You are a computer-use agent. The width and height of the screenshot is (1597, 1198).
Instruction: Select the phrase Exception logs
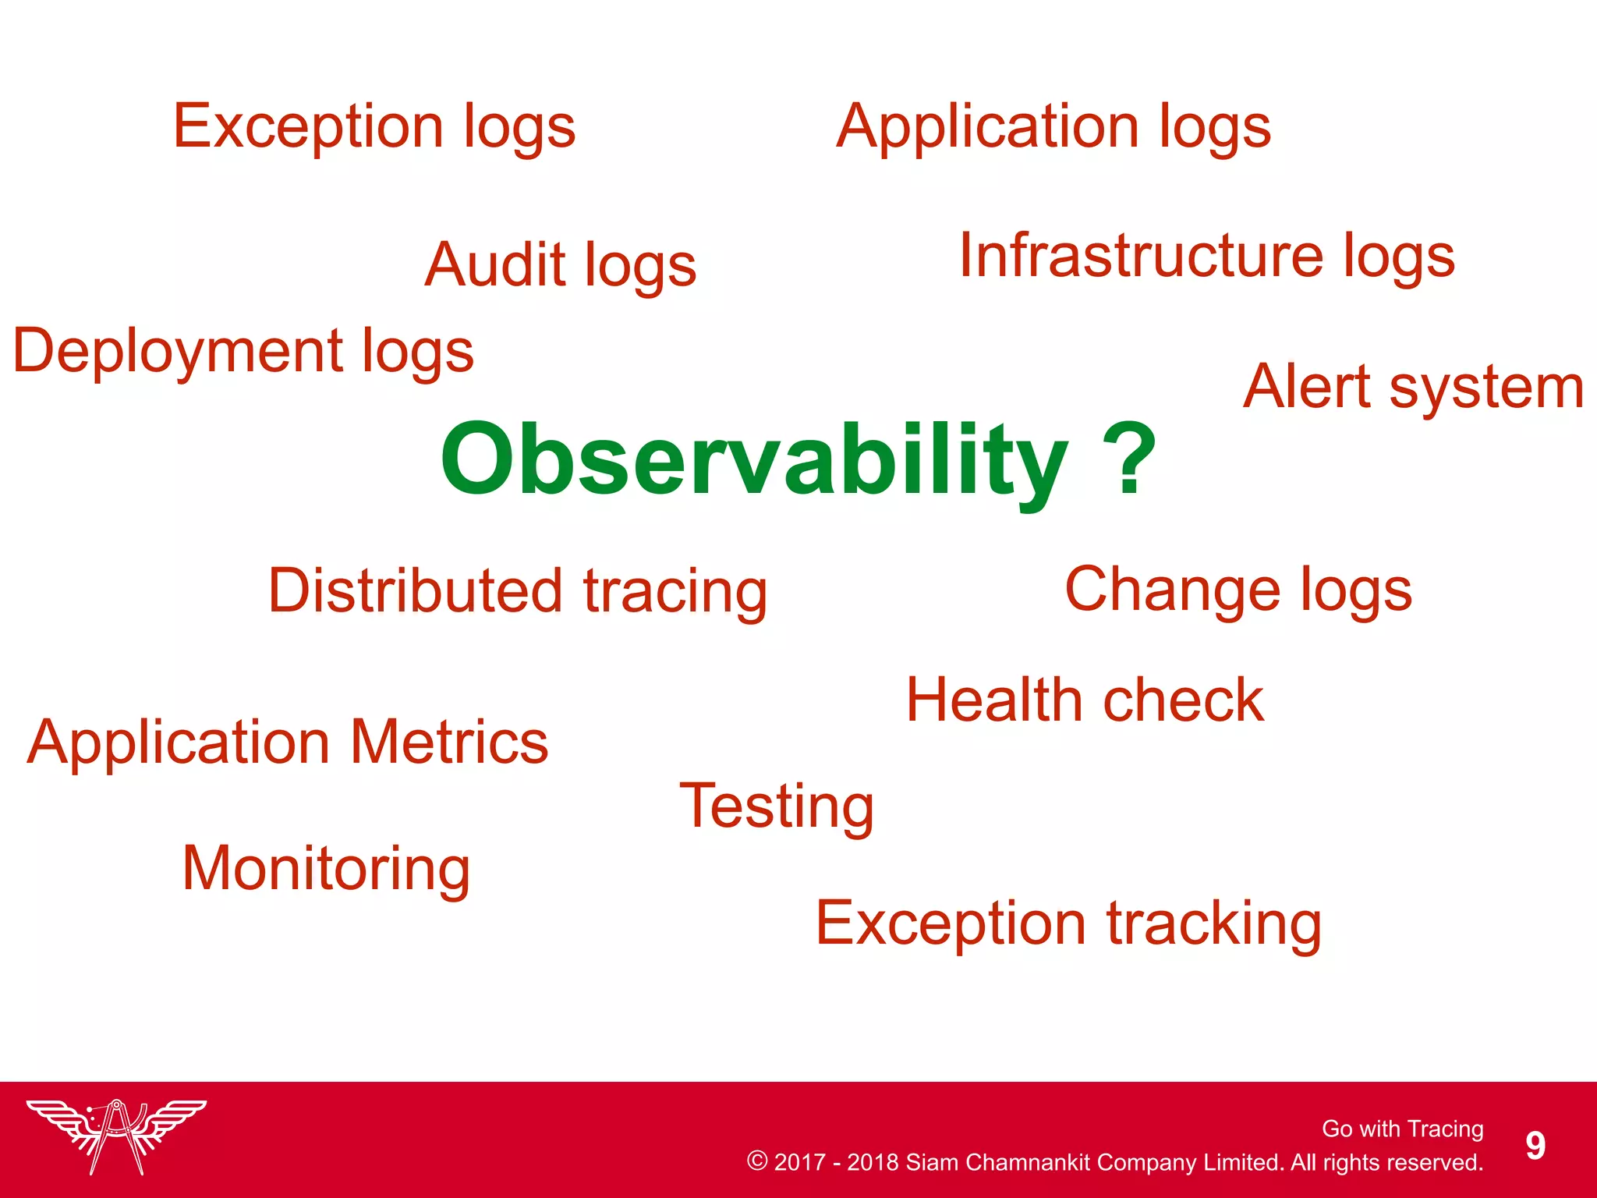coord(374,127)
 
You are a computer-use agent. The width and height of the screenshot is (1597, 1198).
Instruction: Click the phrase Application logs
coord(1053,127)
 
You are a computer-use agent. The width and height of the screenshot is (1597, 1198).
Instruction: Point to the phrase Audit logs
coord(560,266)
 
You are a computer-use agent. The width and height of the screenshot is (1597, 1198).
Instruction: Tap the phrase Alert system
coord(1413,387)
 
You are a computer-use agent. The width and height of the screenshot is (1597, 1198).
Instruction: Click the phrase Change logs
coord(1238,590)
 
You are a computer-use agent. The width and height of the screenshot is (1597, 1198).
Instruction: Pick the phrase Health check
coord(1085,700)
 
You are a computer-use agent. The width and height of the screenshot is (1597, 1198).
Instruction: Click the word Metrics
coord(449,742)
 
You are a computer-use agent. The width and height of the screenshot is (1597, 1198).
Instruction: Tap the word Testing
coord(776,807)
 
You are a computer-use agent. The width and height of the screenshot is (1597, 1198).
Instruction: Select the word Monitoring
coord(326,870)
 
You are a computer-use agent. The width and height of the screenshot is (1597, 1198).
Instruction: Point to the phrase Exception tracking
coord(1068,924)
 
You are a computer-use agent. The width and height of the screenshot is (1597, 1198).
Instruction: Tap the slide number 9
coord(1535,1146)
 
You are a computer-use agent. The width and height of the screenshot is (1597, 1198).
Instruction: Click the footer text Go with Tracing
coord(1402,1129)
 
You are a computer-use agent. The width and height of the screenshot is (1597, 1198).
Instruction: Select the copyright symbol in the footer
coord(756,1161)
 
